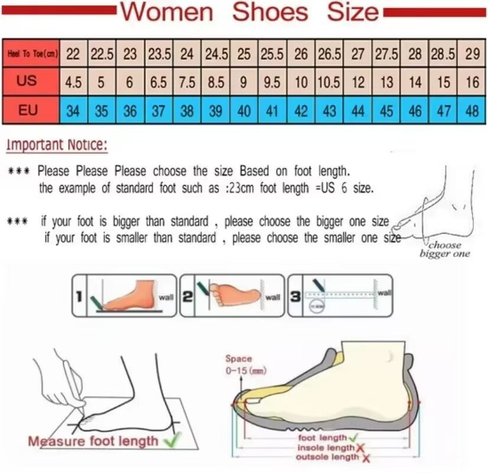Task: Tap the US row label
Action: click(27, 81)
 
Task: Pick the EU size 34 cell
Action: click(73, 111)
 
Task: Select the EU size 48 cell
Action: click(472, 111)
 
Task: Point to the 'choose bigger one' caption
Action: click(445, 250)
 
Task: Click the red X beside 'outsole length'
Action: click(366, 458)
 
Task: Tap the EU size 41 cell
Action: click(272, 111)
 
